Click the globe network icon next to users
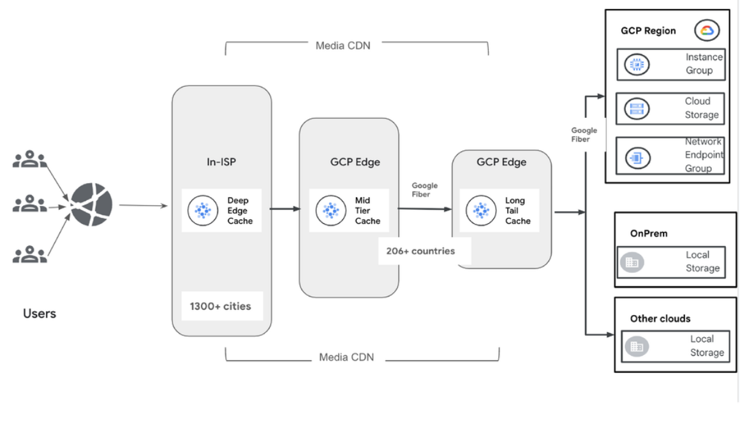[x=91, y=205]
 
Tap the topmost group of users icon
[x=30, y=160]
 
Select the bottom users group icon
[x=30, y=255]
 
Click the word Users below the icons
[x=40, y=313]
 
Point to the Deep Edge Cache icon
[x=204, y=210]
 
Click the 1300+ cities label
[x=221, y=306]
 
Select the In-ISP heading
[x=221, y=162]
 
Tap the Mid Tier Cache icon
[x=331, y=210]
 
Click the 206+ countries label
[x=420, y=251]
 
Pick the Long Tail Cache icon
[x=481, y=210]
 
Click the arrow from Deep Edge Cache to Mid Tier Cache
[x=285, y=208]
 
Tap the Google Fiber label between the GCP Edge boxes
[x=424, y=189]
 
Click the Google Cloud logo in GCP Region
[x=707, y=31]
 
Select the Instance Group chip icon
[x=636, y=64]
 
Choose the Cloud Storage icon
[x=636, y=108]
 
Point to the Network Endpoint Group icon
[x=637, y=157]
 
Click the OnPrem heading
[x=649, y=233]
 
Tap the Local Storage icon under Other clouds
[x=636, y=347]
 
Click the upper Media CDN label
[x=343, y=45]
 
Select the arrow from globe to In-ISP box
[x=143, y=205]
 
